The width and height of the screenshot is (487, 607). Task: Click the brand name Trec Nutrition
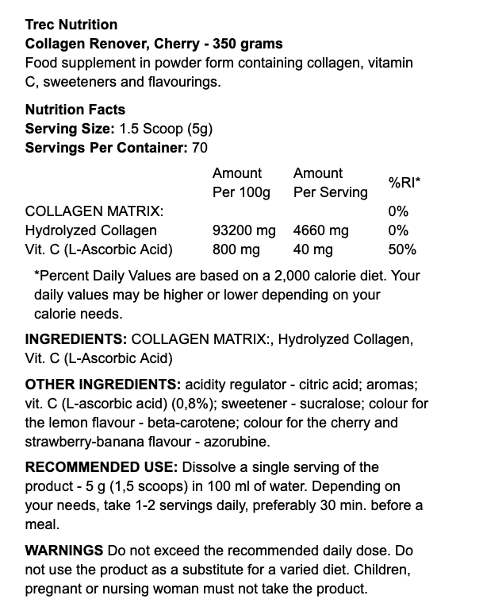71,25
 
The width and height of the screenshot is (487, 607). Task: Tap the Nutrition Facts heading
75,110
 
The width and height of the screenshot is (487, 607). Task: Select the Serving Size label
70,129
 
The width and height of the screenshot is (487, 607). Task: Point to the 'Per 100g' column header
241,192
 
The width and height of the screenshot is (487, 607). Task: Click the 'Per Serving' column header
330,192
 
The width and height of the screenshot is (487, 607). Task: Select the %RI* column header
404,183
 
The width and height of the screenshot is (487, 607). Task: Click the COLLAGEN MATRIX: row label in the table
94,211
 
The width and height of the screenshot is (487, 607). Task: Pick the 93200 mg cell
244,230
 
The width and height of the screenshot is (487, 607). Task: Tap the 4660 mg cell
320,230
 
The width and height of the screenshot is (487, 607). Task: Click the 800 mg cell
236,249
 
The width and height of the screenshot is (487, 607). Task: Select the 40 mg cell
313,249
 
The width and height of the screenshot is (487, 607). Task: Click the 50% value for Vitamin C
402,249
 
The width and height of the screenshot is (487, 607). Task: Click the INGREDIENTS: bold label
76,339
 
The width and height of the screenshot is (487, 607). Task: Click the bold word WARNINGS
64,551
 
